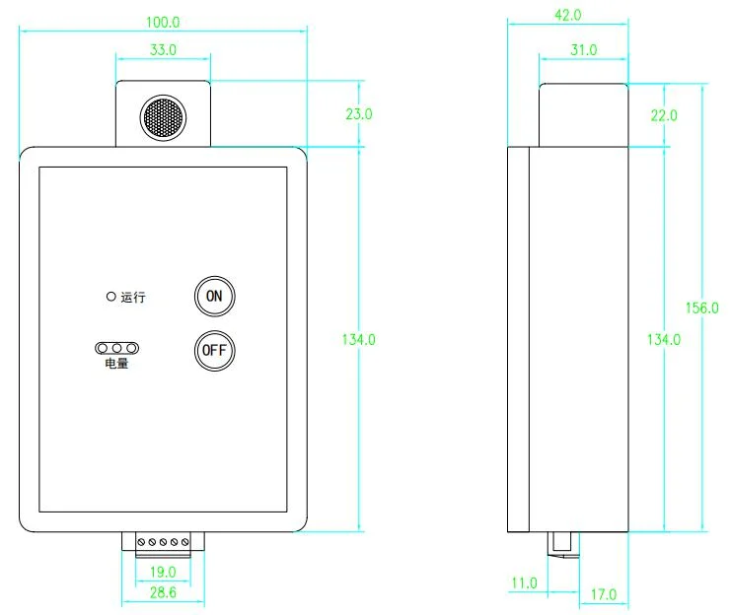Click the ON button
[x=214, y=297]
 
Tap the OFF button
[x=214, y=351]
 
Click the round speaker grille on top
[x=163, y=117]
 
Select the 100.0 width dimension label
[x=163, y=22]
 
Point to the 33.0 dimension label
[x=163, y=49]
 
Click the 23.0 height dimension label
[x=359, y=113]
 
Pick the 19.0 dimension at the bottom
[x=163, y=572]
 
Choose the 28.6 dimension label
[x=163, y=592]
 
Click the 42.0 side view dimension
[x=567, y=15]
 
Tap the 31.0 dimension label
[x=584, y=49]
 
